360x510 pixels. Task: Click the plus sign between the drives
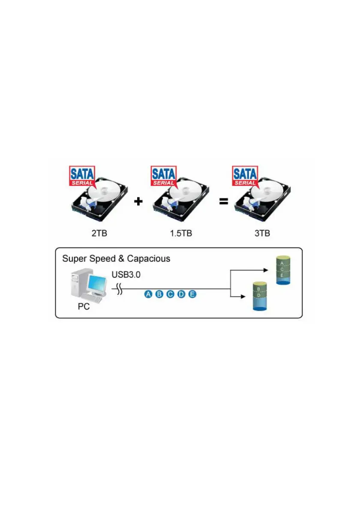click(138, 201)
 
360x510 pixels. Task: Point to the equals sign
click(224, 201)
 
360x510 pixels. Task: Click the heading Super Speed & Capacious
click(116, 258)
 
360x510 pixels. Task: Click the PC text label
click(84, 307)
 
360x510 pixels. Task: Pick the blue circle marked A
click(148, 294)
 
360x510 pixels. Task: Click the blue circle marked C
click(170, 294)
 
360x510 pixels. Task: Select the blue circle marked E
click(192, 294)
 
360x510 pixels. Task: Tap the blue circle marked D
click(181, 294)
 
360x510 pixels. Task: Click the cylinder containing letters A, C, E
click(282, 271)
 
